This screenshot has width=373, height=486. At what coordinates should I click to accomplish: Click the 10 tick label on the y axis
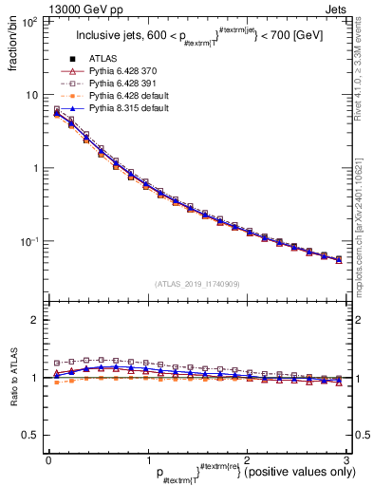(x=31, y=95)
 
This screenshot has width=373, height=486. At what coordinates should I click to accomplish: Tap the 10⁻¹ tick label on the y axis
(x=29, y=241)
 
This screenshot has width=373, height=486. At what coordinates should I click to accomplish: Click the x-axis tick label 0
(x=47, y=459)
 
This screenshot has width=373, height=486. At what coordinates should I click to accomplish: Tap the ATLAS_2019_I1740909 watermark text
(x=197, y=284)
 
